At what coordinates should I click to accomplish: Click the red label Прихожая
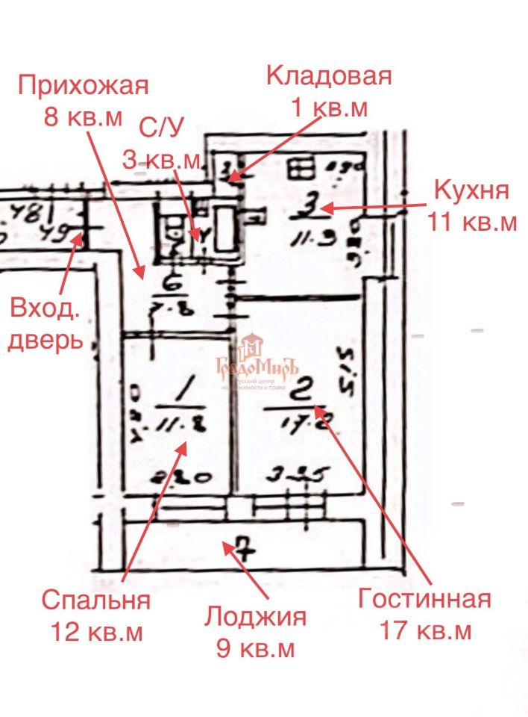[x=84, y=85]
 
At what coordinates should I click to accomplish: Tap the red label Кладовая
[x=329, y=76]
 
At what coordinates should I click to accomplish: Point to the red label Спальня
[x=96, y=600]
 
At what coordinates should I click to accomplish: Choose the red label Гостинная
[x=425, y=599]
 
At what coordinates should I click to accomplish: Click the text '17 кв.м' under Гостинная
[x=426, y=631]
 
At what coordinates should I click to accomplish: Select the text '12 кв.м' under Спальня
[x=96, y=632]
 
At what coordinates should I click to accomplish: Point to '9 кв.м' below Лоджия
[x=256, y=648]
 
